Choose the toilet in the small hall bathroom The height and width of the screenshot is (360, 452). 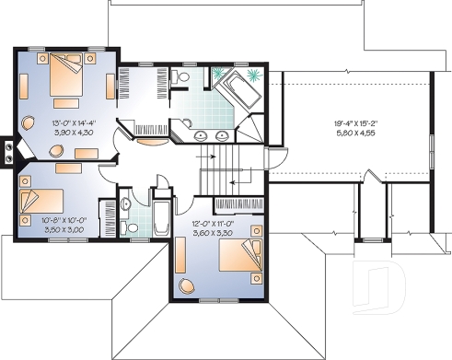click(127, 205)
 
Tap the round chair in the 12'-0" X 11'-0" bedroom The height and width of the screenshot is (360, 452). click(188, 285)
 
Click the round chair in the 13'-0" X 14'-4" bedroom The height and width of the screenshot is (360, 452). click(28, 120)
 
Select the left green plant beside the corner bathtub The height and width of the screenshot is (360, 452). click(220, 74)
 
